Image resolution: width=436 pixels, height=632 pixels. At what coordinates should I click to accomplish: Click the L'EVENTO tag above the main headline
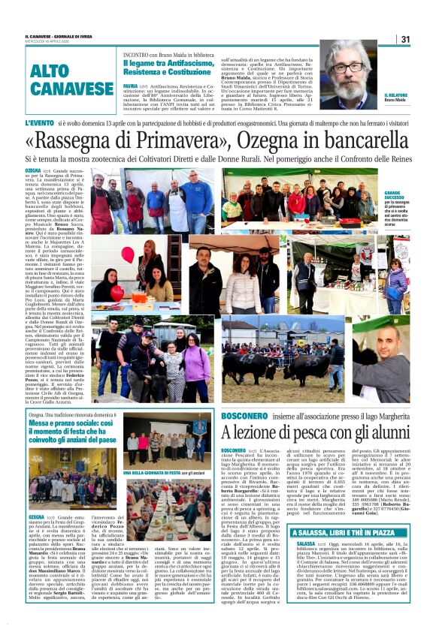(x=39, y=122)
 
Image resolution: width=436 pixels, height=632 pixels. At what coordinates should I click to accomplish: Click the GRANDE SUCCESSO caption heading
(x=417, y=196)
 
